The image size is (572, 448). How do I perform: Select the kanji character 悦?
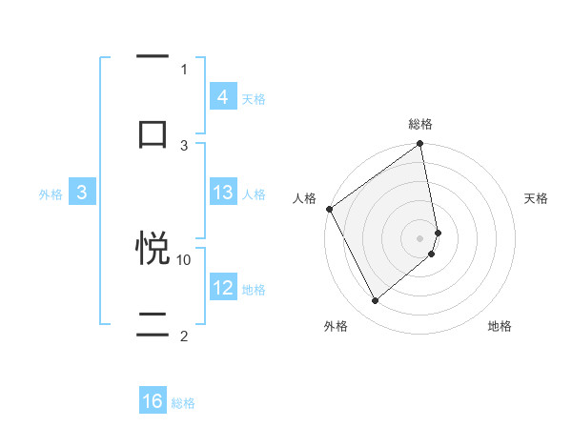point(153,248)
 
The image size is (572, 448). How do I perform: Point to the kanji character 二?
point(153,324)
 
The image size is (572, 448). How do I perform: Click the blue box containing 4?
point(222,97)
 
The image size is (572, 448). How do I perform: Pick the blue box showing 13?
point(222,193)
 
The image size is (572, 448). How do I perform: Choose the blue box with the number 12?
point(222,288)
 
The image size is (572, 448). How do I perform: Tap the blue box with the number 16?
point(153,401)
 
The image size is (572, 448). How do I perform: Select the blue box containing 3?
point(82,193)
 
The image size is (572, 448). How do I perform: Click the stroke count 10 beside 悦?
point(184,259)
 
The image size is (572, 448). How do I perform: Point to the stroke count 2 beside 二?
point(184,336)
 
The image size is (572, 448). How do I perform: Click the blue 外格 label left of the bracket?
point(51,193)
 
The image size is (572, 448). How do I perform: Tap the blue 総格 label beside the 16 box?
point(183,403)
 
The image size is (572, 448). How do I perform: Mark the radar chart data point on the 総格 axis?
point(420,145)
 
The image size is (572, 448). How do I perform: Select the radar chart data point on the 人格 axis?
point(329,209)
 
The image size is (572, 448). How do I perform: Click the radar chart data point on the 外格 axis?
point(375,300)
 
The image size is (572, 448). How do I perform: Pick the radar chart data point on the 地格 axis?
point(432,254)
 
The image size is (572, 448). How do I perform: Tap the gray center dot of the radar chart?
point(420,237)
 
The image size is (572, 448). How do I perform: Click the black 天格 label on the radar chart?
point(536,198)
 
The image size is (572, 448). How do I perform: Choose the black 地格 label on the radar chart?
point(500,327)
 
